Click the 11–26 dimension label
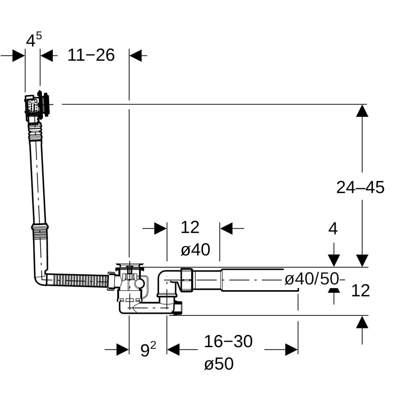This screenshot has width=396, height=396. click(x=91, y=55)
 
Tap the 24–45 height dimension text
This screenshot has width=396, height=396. click(x=360, y=187)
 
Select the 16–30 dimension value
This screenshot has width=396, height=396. click(x=228, y=342)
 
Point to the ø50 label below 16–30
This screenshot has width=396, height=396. click(x=219, y=364)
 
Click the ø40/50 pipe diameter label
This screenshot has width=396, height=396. click(x=312, y=279)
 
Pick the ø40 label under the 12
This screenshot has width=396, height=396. click(x=195, y=250)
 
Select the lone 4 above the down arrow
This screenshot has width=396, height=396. click(x=333, y=229)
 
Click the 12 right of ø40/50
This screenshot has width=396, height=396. click(x=360, y=291)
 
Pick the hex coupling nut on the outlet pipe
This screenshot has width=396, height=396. click(x=186, y=279)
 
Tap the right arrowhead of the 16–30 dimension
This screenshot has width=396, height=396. click(x=291, y=349)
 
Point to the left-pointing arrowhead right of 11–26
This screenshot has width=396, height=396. click(x=136, y=56)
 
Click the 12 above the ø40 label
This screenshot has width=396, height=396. click(x=190, y=228)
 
